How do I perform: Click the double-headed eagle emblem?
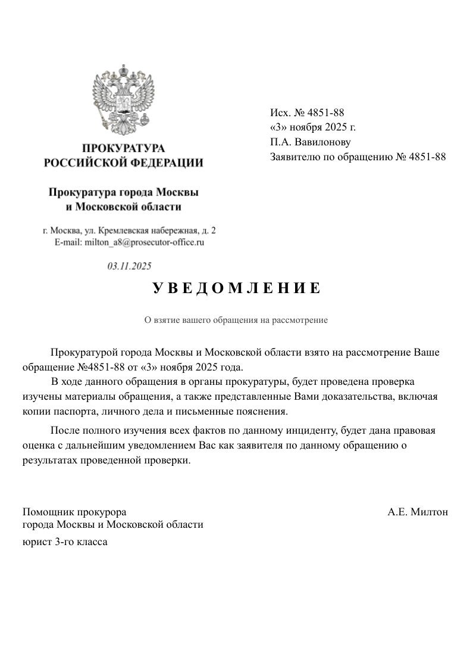click(123, 100)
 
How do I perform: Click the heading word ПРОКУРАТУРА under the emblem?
click(123, 148)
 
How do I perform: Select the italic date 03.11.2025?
click(129, 266)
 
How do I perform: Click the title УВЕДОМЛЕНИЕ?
click(236, 289)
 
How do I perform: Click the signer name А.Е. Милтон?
click(418, 512)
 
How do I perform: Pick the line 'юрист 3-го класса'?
click(65, 542)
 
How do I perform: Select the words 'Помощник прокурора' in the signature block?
click(74, 512)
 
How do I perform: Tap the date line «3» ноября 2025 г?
click(312, 127)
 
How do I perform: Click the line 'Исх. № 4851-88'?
click(307, 112)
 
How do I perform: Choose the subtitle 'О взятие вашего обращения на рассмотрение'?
click(236, 320)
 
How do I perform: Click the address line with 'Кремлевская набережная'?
click(129, 231)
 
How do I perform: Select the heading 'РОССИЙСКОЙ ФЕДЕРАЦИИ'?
click(123, 163)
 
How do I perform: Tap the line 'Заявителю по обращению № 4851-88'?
click(358, 157)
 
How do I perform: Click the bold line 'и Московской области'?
click(123, 207)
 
